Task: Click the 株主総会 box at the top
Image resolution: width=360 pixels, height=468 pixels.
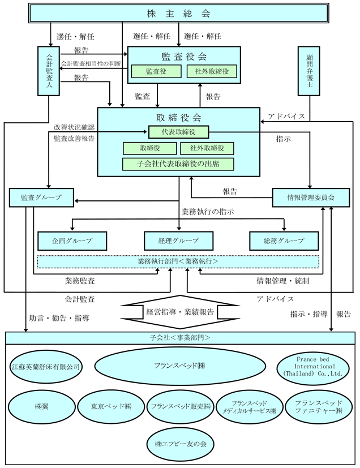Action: [x=179, y=13]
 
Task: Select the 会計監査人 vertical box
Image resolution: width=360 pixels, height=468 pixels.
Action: [x=49, y=71]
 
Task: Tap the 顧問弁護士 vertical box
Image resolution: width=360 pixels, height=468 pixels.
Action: [x=309, y=71]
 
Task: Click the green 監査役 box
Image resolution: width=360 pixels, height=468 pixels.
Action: [x=156, y=71]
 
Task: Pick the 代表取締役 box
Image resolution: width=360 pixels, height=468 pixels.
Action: [x=178, y=132]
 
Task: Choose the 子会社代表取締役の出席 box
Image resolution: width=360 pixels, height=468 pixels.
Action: [x=178, y=164]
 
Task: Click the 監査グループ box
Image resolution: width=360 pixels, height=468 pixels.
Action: [x=41, y=197]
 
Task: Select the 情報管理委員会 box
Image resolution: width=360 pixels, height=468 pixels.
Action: [x=311, y=197]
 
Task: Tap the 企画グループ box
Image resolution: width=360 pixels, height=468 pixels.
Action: [x=72, y=241]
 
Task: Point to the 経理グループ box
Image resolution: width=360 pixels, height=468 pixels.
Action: [x=178, y=241]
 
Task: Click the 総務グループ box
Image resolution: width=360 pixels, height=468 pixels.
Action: [x=284, y=241]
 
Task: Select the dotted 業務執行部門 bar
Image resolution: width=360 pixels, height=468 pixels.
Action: [x=178, y=261]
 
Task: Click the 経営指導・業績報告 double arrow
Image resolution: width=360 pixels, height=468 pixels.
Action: [x=180, y=312]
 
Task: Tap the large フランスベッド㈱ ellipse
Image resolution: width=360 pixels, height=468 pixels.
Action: [x=180, y=366]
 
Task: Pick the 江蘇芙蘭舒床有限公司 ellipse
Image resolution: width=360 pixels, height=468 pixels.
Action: [x=46, y=367]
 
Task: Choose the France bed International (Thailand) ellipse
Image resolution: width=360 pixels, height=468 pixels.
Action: [x=313, y=367]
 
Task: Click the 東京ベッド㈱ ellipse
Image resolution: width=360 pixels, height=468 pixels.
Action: [x=111, y=406]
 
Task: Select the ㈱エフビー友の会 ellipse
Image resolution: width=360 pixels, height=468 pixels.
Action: [x=181, y=444]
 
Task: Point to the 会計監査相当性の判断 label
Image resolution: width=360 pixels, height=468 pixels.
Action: [x=91, y=63]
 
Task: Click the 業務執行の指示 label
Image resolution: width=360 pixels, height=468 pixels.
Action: [x=208, y=212]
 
